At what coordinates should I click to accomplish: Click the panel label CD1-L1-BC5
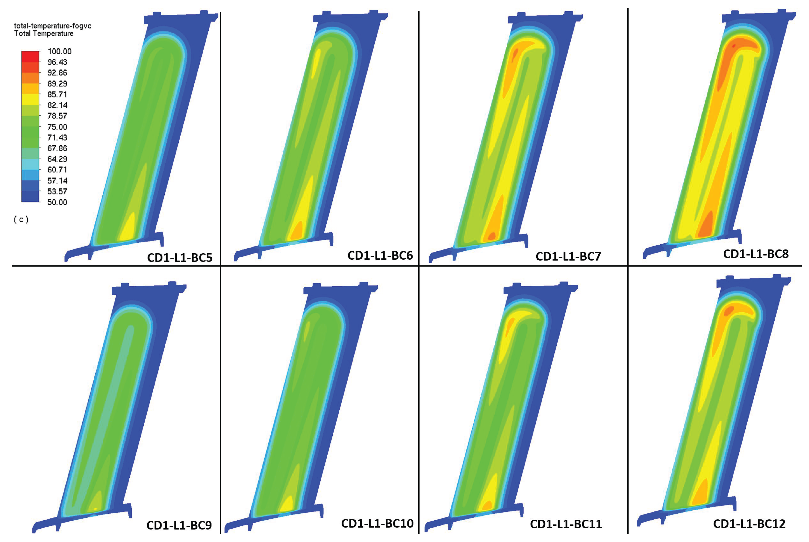click(180, 258)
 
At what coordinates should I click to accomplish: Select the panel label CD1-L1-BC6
click(380, 255)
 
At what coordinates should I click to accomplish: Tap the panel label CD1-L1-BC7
click(568, 256)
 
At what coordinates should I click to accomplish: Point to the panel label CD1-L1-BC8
click(756, 254)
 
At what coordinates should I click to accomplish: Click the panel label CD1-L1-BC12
click(749, 524)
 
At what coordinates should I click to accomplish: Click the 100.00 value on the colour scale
click(59, 52)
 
